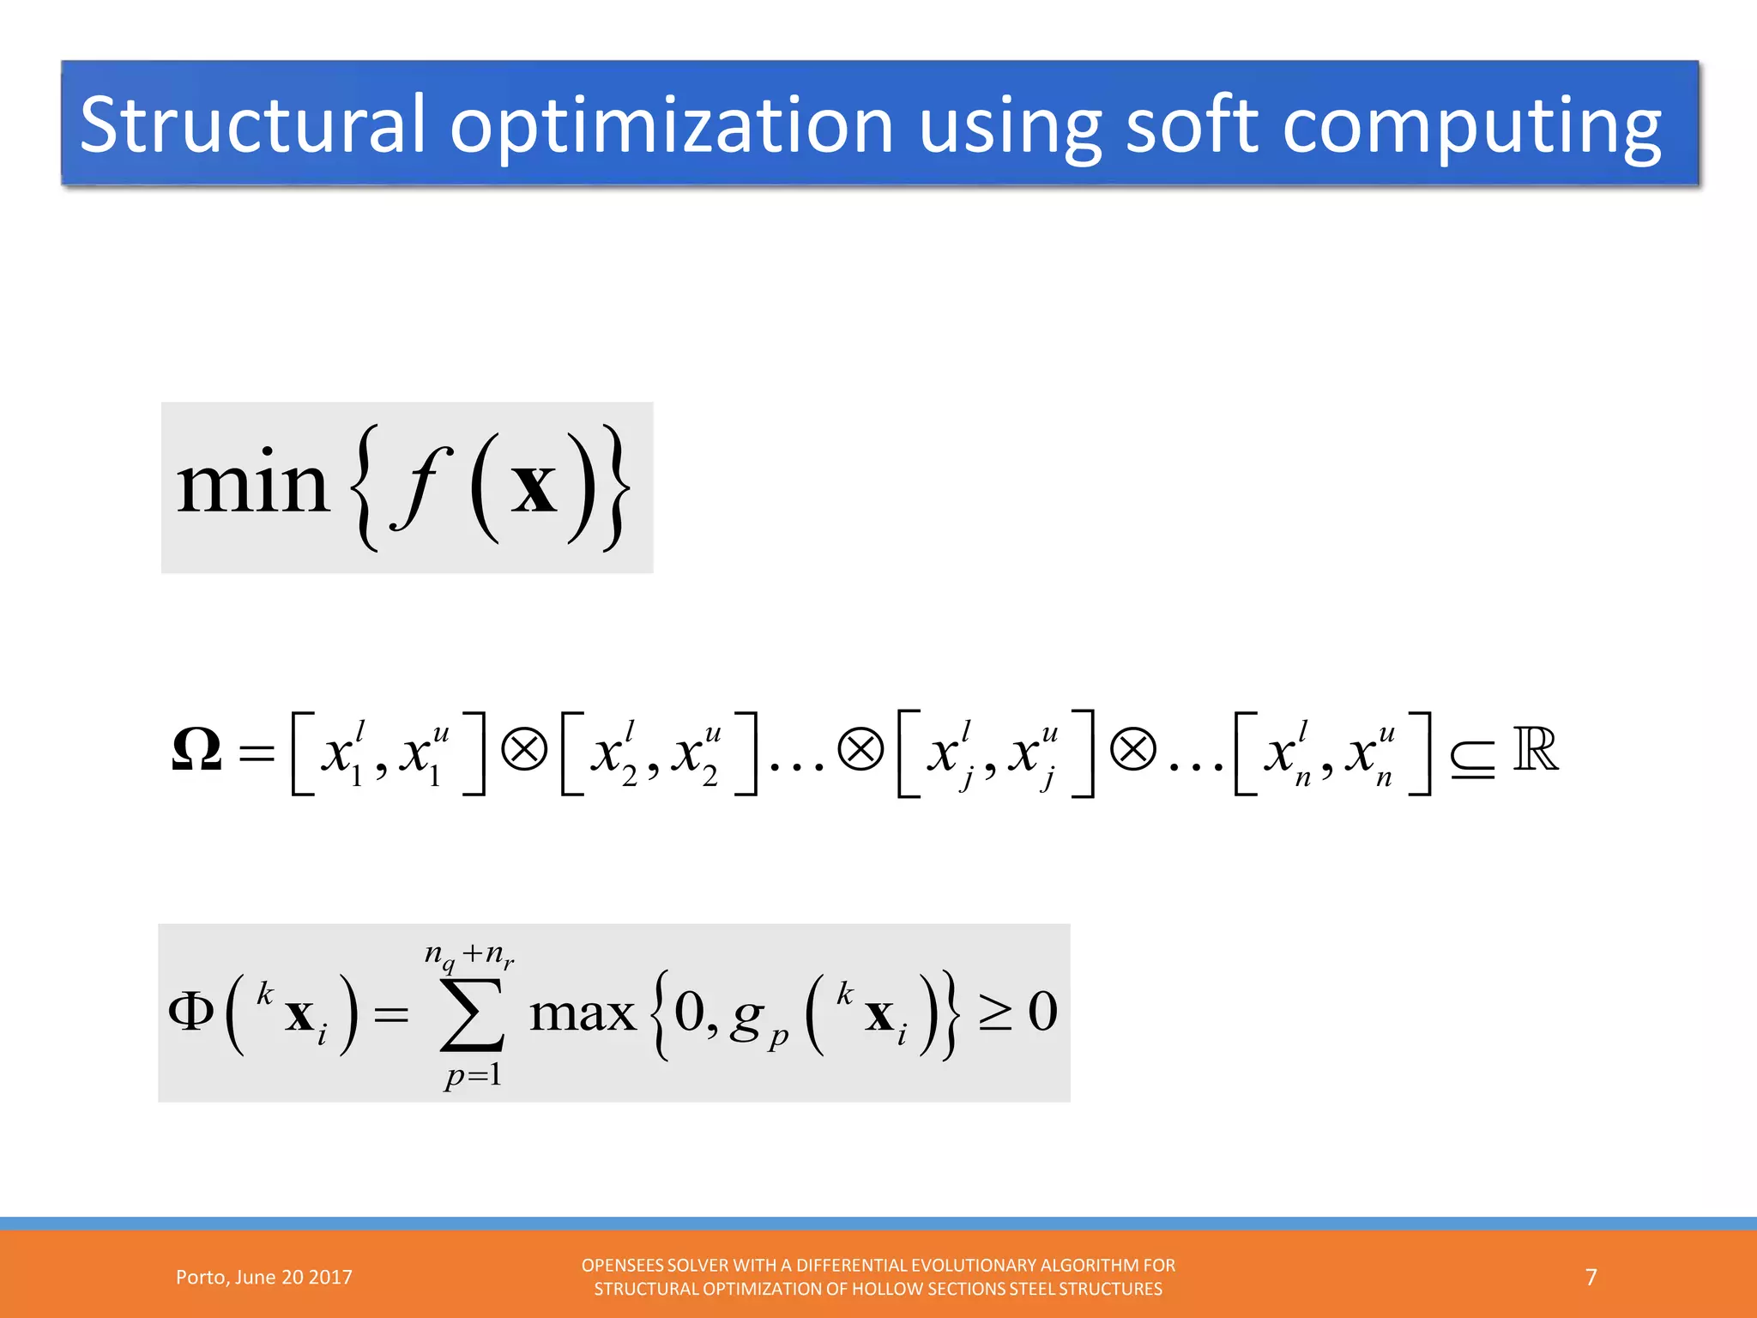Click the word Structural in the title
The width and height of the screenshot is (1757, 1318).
tap(252, 125)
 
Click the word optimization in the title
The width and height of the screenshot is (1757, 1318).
tap(672, 125)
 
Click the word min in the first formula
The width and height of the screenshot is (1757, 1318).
tap(252, 486)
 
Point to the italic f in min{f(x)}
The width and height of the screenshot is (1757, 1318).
tap(419, 487)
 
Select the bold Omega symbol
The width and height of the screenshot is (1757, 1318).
tap(196, 750)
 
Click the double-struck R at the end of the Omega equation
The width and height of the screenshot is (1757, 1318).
tap(1535, 750)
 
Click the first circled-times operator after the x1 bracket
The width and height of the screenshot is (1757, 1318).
tap(523, 750)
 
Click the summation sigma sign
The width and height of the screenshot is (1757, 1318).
tap(471, 1013)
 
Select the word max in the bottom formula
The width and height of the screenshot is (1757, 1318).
tap(583, 1014)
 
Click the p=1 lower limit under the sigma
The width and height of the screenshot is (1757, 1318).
tap(473, 1074)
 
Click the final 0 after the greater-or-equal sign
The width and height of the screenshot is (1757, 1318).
tap(1042, 1013)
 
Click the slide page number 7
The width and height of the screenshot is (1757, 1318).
tap(1591, 1278)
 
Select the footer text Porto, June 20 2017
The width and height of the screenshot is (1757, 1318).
tap(263, 1278)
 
